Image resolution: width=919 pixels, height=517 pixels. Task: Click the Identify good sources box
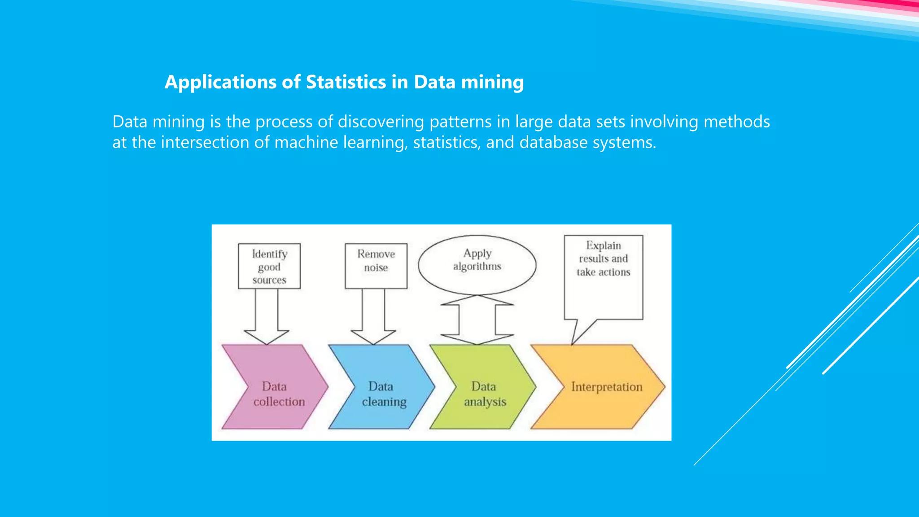(269, 266)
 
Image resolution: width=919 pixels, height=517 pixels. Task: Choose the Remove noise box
(376, 266)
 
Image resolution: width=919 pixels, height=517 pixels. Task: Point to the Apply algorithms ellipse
(477, 265)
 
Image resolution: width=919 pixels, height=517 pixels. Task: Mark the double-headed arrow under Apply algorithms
(477, 320)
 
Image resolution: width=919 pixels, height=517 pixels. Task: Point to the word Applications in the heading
(220, 82)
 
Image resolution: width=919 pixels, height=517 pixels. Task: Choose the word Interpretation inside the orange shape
(607, 387)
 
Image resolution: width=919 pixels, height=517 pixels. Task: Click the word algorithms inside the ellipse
(477, 267)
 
